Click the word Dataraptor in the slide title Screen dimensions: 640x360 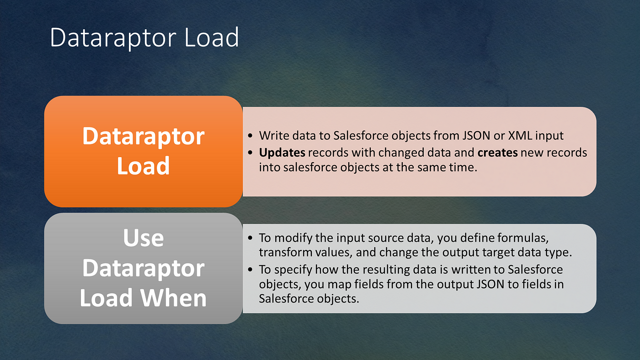(x=113, y=38)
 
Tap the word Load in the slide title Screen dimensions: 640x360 (x=211, y=37)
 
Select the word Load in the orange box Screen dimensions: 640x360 (x=143, y=165)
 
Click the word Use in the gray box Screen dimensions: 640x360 (x=144, y=238)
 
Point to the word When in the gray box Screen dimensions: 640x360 (x=173, y=298)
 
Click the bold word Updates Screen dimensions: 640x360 (x=282, y=153)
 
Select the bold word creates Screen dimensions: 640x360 (x=497, y=153)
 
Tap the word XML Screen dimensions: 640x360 (x=520, y=136)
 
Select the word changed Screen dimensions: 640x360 (x=400, y=153)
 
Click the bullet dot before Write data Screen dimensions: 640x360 (x=251, y=136)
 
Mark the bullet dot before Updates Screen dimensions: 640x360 (x=251, y=153)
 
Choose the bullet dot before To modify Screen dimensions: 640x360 (x=251, y=238)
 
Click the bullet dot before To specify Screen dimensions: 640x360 (x=251, y=270)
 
